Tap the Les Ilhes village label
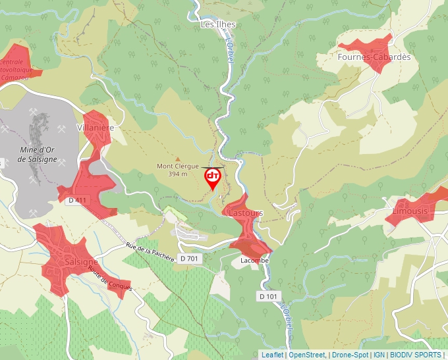pyautogui.click(x=217, y=24)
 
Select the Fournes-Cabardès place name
pyautogui.click(x=374, y=57)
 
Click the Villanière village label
pyautogui.click(x=96, y=128)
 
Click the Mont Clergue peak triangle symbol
pyautogui.click(x=177, y=159)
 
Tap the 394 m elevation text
pyautogui.click(x=177, y=174)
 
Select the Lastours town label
pyautogui.click(x=244, y=213)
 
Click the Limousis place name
pyautogui.click(x=410, y=211)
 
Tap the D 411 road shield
pyautogui.click(x=77, y=200)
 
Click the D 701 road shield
pyautogui.click(x=188, y=258)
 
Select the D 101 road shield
pyautogui.click(x=268, y=297)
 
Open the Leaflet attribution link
pyautogui.click(x=272, y=355)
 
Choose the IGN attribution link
pyautogui.click(x=379, y=355)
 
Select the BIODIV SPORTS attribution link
pyautogui.click(x=415, y=355)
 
